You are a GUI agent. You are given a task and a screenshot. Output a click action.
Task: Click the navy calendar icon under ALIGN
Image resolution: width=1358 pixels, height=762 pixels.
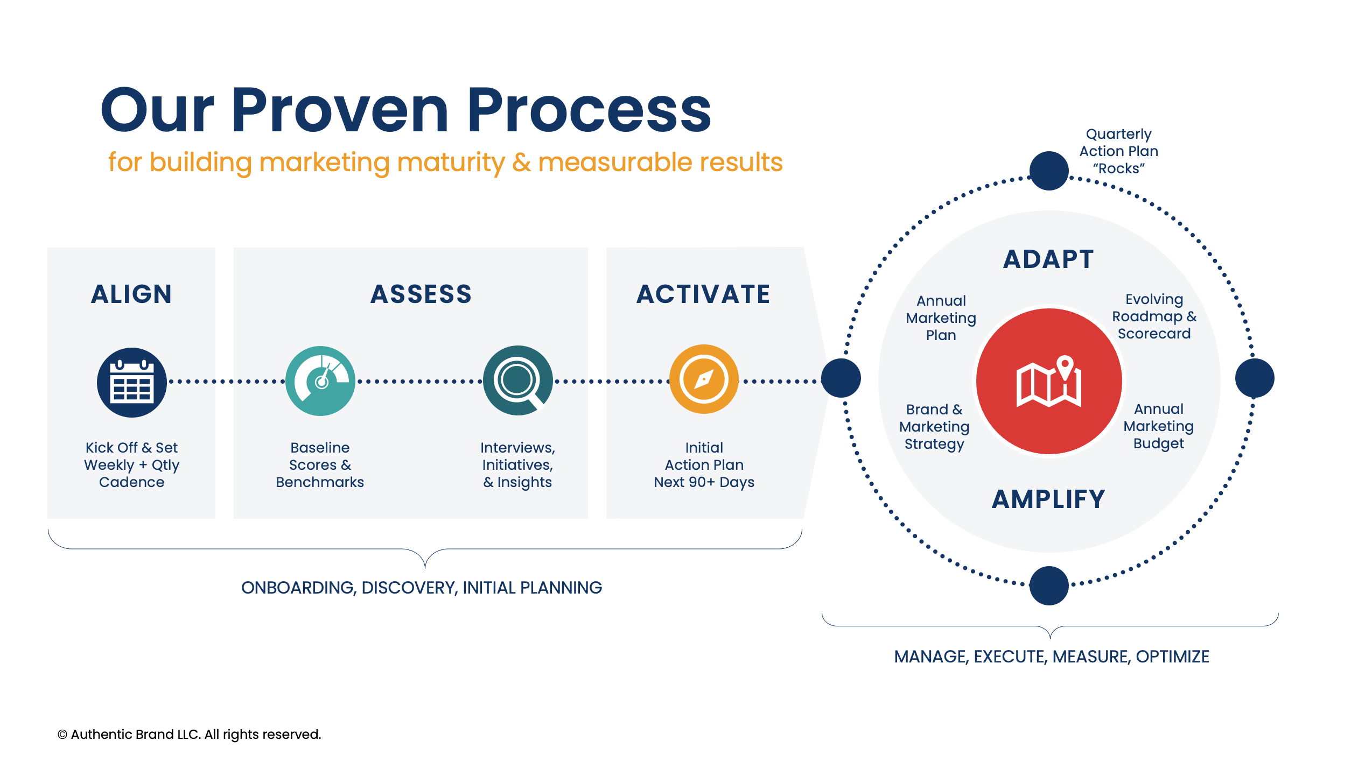pyautogui.click(x=132, y=383)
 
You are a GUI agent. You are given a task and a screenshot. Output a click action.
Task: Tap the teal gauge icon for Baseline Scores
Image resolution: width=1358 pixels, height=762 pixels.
pyautogui.click(x=320, y=381)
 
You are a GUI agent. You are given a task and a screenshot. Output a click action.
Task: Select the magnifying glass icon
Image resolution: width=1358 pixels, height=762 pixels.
pyautogui.click(x=517, y=380)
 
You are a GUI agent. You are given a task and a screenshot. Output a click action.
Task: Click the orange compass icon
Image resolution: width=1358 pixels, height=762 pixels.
pyautogui.click(x=704, y=379)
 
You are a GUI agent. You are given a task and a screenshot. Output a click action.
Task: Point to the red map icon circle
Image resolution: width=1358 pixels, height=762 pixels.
pyautogui.click(x=1049, y=382)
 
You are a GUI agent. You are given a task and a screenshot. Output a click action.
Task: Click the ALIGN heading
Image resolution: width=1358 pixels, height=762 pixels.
pyautogui.click(x=131, y=294)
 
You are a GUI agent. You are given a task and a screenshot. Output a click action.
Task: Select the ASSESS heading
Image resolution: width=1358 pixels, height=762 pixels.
pyautogui.click(x=421, y=294)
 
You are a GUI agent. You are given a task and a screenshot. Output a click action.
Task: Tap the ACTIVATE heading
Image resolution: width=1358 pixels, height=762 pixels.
pyautogui.click(x=703, y=294)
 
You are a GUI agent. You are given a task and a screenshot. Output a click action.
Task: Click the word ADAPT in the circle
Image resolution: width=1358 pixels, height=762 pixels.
pyautogui.click(x=1048, y=259)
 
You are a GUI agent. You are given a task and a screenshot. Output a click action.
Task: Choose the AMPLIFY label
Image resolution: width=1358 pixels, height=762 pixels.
pyautogui.click(x=1048, y=499)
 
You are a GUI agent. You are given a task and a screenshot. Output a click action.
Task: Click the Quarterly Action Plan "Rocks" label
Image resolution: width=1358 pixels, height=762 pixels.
pyautogui.click(x=1118, y=151)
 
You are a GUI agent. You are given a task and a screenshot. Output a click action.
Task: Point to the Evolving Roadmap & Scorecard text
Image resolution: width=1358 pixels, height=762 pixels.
pyautogui.click(x=1154, y=316)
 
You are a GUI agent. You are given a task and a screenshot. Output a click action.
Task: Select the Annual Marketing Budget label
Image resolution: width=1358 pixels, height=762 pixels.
pyautogui.click(x=1158, y=426)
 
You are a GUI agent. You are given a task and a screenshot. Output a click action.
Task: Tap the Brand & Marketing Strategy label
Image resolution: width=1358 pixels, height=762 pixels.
pyautogui.click(x=934, y=427)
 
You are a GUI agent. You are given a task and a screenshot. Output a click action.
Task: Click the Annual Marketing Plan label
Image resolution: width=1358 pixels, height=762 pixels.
pyautogui.click(x=941, y=318)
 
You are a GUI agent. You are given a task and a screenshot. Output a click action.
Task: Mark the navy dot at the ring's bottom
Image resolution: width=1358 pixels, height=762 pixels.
pyautogui.click(x=1049, y=585)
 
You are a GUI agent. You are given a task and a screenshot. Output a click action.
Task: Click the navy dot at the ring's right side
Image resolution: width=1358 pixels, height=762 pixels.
pyautogui.click(x=1255, y=378)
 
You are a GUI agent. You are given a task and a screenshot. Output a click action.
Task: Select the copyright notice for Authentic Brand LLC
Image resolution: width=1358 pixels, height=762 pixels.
pyautogui.click(x=189, y=735)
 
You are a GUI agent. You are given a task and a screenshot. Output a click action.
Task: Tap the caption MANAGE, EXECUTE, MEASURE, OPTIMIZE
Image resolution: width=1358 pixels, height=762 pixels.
pyautogui.click(x=1052, y=657)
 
